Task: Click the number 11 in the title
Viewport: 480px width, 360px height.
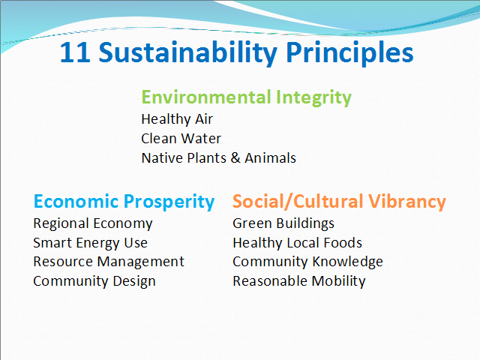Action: coord(75,52)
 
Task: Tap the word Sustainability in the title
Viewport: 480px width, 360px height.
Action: coord(187,53)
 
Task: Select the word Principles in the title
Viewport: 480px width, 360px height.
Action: coord(349,53)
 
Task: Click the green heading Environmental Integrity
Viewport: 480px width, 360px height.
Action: coord(247,97)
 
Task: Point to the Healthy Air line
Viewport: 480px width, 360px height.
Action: coord(177,119)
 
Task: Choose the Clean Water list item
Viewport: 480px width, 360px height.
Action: coord(181,139)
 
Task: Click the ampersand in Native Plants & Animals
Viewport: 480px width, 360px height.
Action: coord(235,158)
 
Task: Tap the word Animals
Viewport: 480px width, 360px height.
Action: coord(270,158)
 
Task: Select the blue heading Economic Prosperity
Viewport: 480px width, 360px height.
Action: coord(124,202)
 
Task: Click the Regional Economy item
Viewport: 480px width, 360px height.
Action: coord(93,223)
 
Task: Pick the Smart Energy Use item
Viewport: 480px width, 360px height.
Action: coord(90,243)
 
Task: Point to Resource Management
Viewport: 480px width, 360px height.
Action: coord(109,262)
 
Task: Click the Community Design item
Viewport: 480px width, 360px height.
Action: coord(94,281)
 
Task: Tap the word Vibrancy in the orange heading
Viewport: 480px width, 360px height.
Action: coord(406,202)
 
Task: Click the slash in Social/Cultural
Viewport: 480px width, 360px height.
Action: coord(289,202)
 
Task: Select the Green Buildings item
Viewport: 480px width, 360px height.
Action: coord(283,223)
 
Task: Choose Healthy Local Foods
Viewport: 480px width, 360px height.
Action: coord(297,243)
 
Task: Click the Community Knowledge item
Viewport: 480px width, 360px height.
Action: coord(307,262)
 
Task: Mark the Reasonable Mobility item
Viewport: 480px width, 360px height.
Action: coord(299,281)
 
